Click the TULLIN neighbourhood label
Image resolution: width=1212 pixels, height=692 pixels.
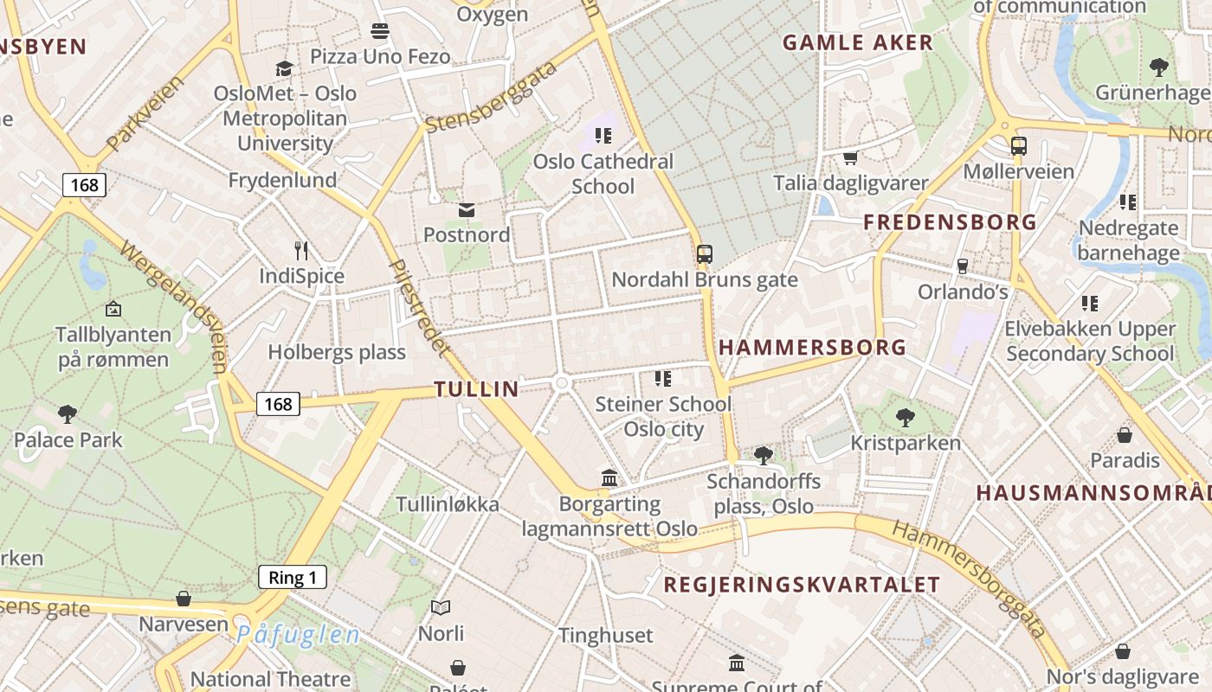(x=476, y=389)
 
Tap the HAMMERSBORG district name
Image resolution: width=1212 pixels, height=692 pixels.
(x=812, y=348)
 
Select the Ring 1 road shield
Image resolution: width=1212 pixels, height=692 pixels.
(x=293, y=578)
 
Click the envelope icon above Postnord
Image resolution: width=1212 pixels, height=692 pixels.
(x=467, y=210)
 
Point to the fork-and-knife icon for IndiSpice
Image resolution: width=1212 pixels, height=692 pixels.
(x=301, y=251)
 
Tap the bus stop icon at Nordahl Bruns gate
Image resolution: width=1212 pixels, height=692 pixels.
(x=705, y=254)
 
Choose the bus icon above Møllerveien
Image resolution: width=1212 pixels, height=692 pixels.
(x=1018, y=146)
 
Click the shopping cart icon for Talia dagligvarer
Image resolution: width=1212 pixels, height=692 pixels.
(x=850, y=158)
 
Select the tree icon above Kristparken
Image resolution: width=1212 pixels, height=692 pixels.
(x=906, y=418)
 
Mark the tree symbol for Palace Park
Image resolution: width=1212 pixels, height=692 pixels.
(x=68, y=414)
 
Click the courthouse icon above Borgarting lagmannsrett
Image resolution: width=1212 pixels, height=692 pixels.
(x=609, y=478)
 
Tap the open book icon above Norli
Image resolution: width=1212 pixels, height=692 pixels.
(x=441, y=608)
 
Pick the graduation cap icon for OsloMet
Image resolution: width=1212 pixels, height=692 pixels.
(x=285, y=68)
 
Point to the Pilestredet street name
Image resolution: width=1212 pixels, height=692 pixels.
(x=419, y=307)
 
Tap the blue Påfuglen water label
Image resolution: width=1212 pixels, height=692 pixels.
(x=298, y=635)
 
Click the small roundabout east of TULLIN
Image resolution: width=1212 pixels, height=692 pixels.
(x=562, y=382)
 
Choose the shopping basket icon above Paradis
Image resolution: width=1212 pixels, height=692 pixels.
(x=1125, y=434)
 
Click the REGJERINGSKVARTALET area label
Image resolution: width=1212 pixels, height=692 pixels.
(x=801, y=584)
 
